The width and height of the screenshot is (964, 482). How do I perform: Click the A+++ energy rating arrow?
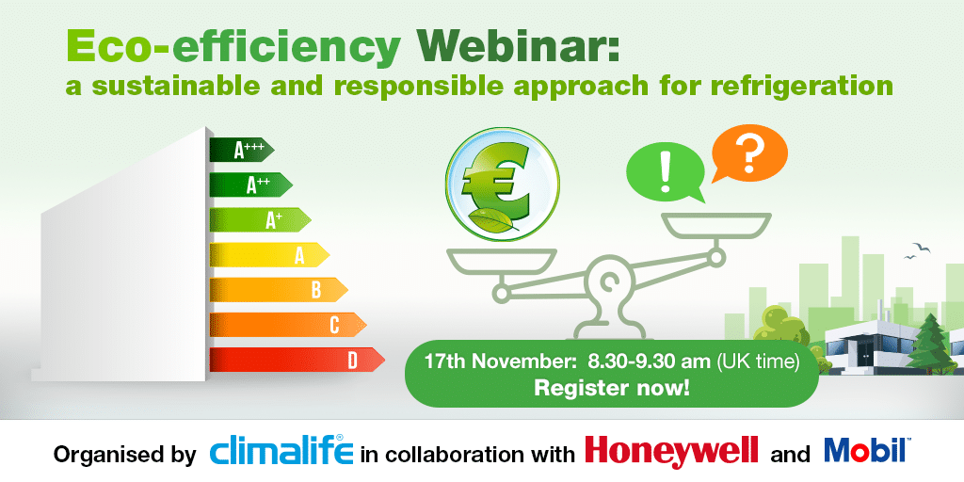click(x=241, y=149)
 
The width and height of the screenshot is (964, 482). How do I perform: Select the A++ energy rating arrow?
click(x=250, y=185)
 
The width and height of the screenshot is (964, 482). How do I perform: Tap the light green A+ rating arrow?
click(x=260, y=220)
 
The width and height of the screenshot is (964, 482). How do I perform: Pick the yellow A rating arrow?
click(x=269, y=254)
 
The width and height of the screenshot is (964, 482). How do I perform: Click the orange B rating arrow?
click(x=279, y=289)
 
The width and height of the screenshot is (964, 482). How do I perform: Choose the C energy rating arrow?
click(x=288, y=325)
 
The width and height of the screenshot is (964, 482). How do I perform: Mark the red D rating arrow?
click(x=297, y=360)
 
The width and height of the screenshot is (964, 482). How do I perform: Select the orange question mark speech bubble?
click(x=748, y=151)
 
